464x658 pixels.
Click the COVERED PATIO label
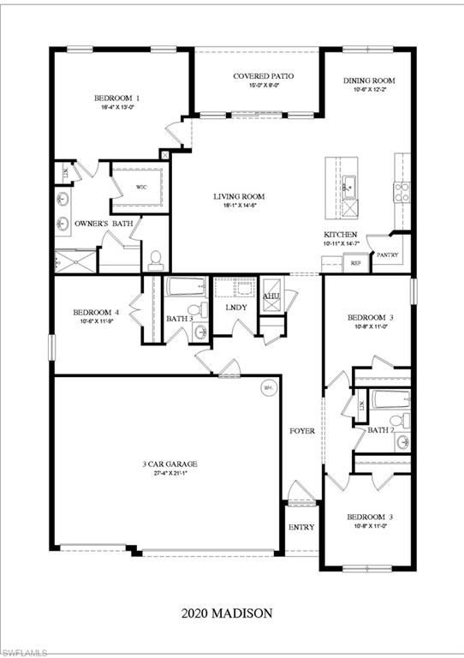tap(257, 76)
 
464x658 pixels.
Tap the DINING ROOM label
tap(369, 81)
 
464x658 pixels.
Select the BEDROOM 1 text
tap(117, 99)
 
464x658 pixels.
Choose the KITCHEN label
tap(340, 234)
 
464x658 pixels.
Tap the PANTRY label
tap(388, 254)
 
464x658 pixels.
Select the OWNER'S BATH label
tap(98, 224)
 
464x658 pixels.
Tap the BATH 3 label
tap(179, 318)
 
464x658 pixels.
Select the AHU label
tap(271, 296)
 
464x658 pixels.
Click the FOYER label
tap(301, 430)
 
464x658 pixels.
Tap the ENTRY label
tap(301, 527)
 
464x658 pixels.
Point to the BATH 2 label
tap(380, 430)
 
